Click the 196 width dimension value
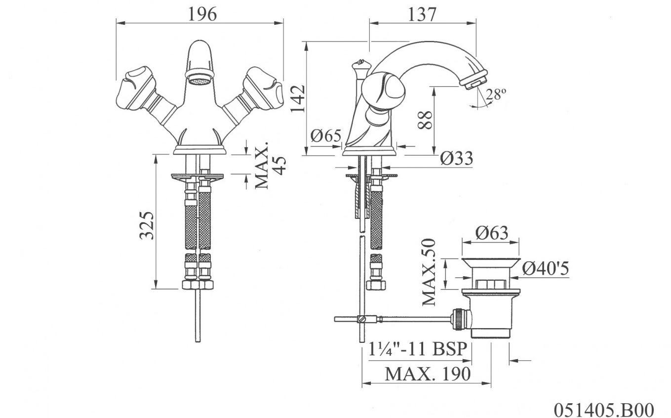pyautogui.click(x=202, y=14)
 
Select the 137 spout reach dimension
pyautogui.click(x=422, y=14)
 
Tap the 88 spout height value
pyautogui.click(x=426, y=120)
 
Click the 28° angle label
pyautogui.click(x=496, y=94)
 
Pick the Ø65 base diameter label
pyautogui.click(x=326, y=135)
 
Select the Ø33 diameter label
pyautogui.click(x=457, y=158)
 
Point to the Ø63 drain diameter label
pyautogui.click(x=492, y=232)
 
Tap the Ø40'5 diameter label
pyautogui.click(x=546, y=269)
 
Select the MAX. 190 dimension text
pyautogui.click(x=428, y=374)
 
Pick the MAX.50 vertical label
pyautogui.click(x=430, y=271)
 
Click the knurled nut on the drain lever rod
pyautogui.click(x=458, y=318)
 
